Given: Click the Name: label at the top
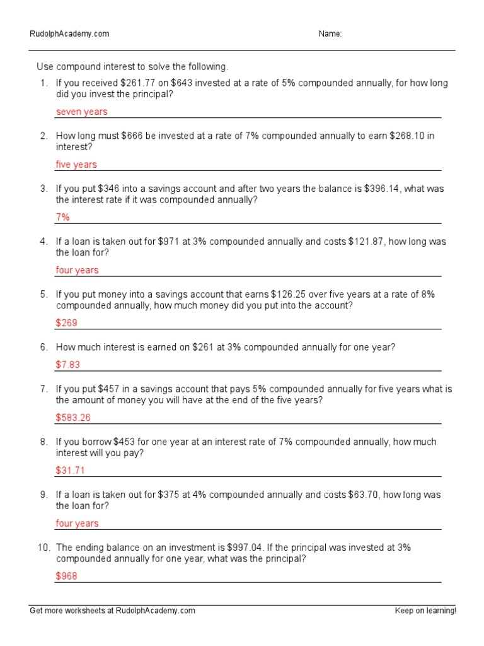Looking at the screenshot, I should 330,34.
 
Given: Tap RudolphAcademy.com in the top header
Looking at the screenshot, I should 69,34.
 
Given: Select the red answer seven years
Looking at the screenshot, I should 81,112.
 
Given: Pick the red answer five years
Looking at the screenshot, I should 76,165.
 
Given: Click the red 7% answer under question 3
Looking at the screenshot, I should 63,217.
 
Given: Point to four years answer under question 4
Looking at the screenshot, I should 77,270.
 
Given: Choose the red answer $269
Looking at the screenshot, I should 66,323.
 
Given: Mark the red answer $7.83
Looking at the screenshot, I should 68,365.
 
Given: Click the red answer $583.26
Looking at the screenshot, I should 73,418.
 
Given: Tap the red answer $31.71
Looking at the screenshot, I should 70,470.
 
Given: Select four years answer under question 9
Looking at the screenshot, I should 77,523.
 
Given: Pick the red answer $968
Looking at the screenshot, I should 66,576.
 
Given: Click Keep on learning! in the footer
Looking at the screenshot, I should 425,611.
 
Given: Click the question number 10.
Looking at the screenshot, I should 43,548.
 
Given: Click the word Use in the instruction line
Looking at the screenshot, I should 46,67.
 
